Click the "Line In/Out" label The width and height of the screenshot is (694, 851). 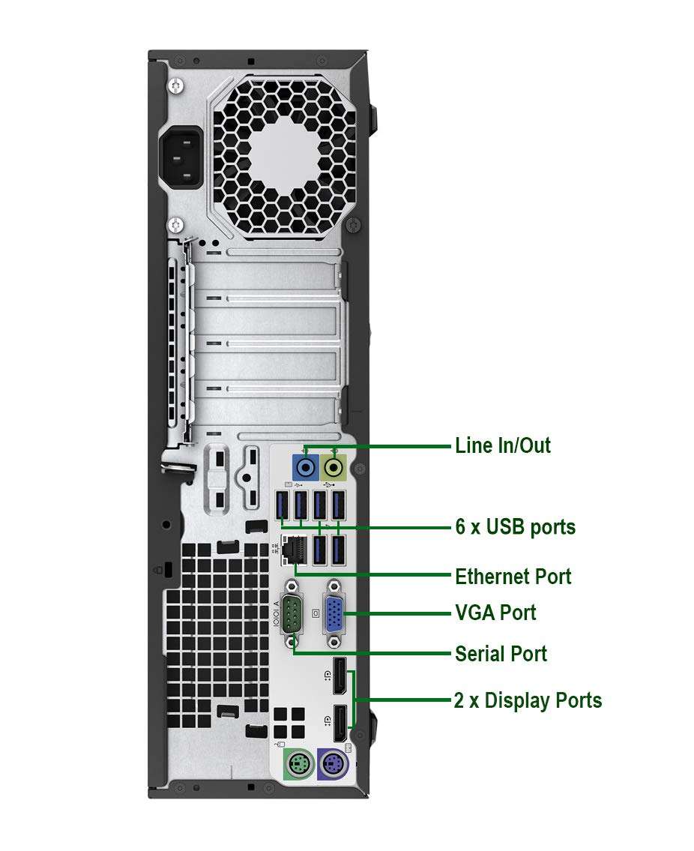502,445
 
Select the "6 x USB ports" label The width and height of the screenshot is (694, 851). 515,527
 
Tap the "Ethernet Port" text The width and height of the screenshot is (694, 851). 513,577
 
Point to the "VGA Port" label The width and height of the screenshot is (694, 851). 495,613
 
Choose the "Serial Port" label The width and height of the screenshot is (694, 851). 501,654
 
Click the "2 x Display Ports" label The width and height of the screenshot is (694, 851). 528,701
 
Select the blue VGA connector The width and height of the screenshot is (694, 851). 335,614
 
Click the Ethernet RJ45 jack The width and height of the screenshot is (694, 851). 291,551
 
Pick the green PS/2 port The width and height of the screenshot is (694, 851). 296,766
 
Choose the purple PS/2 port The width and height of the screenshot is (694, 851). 331,766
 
